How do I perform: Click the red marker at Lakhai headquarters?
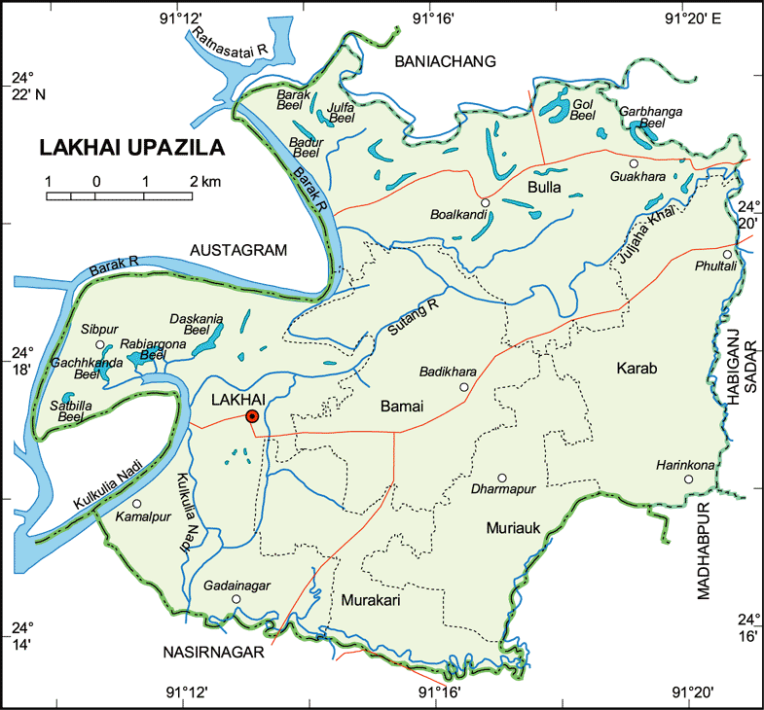click(252, 416)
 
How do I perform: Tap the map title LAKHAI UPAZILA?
click(131, 149)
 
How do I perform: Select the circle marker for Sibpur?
click(99, 344)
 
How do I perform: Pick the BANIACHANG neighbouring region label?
click(445, 62)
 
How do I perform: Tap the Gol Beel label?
click(582, 109)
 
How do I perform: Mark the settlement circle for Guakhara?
click(633, 163)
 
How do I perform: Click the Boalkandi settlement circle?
click(485, 202)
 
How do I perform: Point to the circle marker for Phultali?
click(726, 254)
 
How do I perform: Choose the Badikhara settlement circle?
click(463, 387)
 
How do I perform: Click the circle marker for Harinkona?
click(687, 479)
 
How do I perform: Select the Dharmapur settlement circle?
click(502, 478)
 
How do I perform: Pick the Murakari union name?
click(371, 601)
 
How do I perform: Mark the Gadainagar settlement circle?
click(236, 599)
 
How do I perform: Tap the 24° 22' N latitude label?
click(28, 86)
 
